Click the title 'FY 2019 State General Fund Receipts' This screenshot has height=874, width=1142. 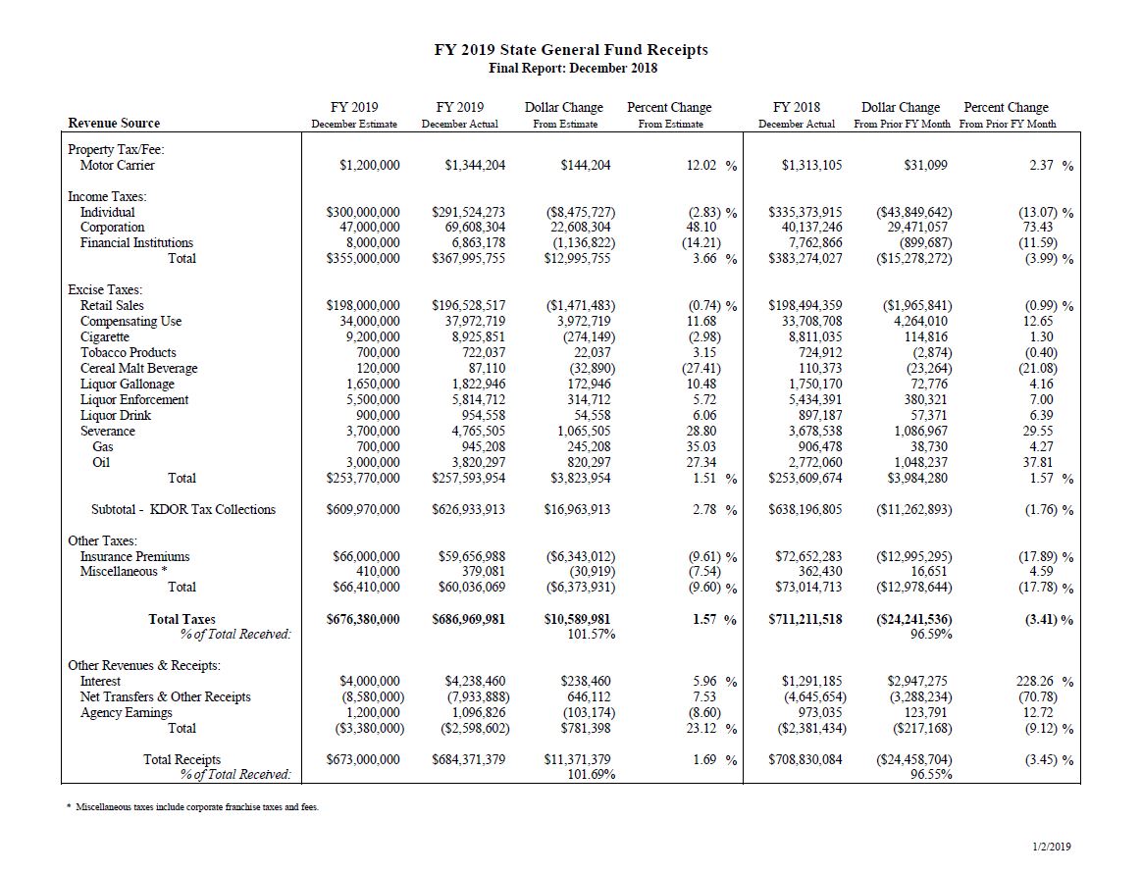pos(571,50)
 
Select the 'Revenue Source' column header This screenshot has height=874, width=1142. pos(114,123)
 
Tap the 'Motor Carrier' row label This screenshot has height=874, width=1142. pos(117,165)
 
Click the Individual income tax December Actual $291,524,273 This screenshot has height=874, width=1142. pos(468,212)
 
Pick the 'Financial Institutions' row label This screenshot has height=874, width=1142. pos(136,242)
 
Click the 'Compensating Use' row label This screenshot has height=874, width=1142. pos(130,321)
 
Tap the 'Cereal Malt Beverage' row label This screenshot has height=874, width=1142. pos(138,368)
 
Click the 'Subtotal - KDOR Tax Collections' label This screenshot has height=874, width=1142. pos(183,509)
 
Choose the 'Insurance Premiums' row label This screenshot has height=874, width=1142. pos(134,556)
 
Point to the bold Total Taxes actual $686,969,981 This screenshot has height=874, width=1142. pos(468,619)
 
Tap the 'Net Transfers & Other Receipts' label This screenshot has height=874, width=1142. pos(165,696)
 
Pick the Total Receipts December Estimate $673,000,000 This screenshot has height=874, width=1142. pos(362,759)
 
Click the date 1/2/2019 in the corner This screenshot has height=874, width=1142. pos(1052,846)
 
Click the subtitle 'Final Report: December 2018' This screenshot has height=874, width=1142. pos(572,69)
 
